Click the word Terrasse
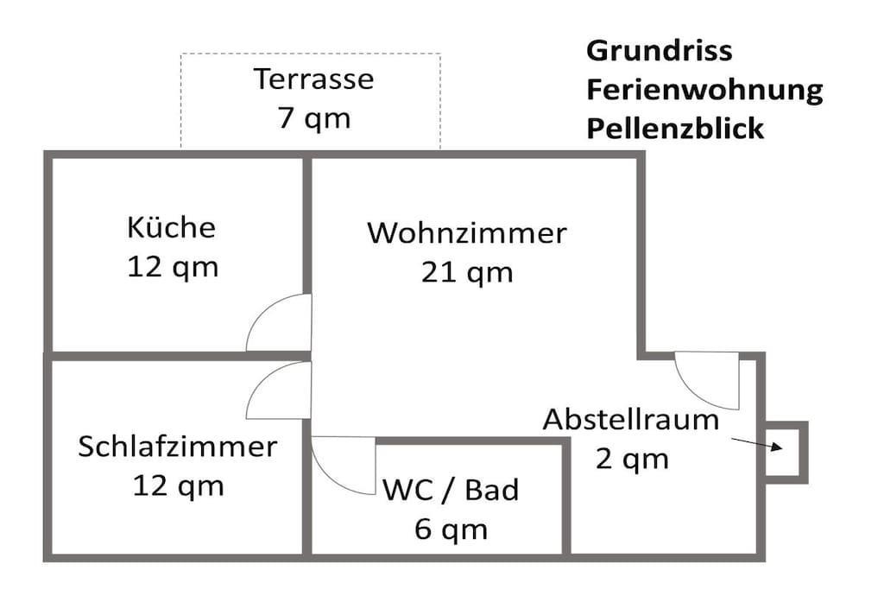click(x=313, y=79)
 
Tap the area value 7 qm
click(x=313, y=117)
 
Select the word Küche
click(x=171, y=228)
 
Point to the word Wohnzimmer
click(x=467, y=233)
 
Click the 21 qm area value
click(x=467, y=272)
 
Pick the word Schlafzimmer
click(x=178, y=447)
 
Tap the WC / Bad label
click(x=451, y=490)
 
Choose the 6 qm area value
click(x=451, y=529)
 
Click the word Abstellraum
click(x=631, y=420)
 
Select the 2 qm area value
click(x=632, y=459)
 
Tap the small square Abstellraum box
click(x=785, y=452)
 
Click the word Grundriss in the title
click(x=659, y=51)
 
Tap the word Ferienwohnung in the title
click(x=704, y=90)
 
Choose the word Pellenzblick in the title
click(x=675, y=129)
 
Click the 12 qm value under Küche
click(x=173, y=267)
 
